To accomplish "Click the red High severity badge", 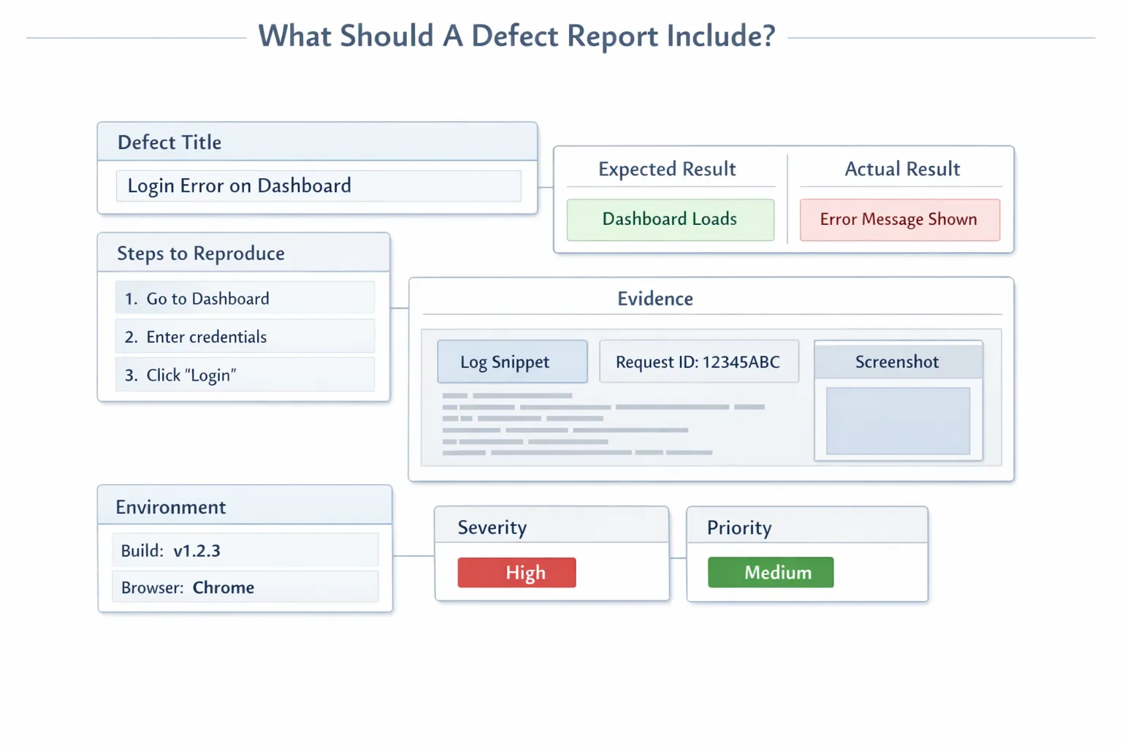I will pyautogui.click(x=516, y=573).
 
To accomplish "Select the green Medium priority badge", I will pyautogui.click(x=771, y=573).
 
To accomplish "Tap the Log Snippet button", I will pyautogui.click(x=512, y=362).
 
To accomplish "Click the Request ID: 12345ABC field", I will pyautogui.click(x=698, y=362).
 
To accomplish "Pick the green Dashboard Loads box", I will pyautogui.click(x=670, y=219).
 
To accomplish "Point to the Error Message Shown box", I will pyautogui.click(x=899, y=220).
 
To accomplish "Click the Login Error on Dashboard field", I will pyautogui.click(x=318, y=186).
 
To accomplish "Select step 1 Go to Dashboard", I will pyautogui.click(x=245, y=299).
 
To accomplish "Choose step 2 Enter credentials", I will pyautogui.click(x=245, y=337).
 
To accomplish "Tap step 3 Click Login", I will pyautogui.click(x=245, y=375).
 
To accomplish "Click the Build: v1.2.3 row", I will pyautogui.click(x=245, y=551).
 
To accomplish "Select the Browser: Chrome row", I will pyautogui.click(x=245, y=587).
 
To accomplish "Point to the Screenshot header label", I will pyautogui.click(x=897, y=362).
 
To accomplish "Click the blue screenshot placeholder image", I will pyautogui.click(x=898, y=421).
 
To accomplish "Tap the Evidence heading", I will pyautogui.click(x=655, y=299).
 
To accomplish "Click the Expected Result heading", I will pyautogui.click(x=667, y=169).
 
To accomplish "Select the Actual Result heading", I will pyautogui.click(x=902, y=169).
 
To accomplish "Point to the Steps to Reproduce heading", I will pyautogui.click(x=201, y=253).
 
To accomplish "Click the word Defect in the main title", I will pyautogui.click(x=516, y=36).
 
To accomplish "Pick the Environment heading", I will pyautogui.click(x=171, y=507).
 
